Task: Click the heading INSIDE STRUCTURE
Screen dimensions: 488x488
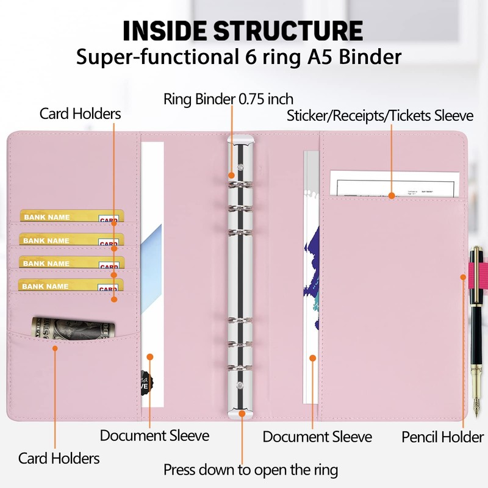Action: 243,30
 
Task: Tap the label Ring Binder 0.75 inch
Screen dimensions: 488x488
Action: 228,99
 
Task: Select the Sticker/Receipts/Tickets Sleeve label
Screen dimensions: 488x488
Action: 380,115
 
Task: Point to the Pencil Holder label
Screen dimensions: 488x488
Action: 442,437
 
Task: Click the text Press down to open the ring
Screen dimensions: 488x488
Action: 250,470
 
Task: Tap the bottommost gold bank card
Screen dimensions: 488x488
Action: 70,285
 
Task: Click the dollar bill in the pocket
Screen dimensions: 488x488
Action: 73,327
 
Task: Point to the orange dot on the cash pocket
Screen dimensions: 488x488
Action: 55,348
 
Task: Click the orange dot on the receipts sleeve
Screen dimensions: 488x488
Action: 391,196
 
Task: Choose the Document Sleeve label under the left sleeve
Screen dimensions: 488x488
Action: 154,436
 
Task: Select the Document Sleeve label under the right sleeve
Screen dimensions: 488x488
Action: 317,437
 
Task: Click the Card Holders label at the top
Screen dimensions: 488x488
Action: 80,113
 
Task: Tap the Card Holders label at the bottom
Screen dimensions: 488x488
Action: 59,457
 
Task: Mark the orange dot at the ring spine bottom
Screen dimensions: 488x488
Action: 242,414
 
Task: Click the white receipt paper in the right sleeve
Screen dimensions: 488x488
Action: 394,182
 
